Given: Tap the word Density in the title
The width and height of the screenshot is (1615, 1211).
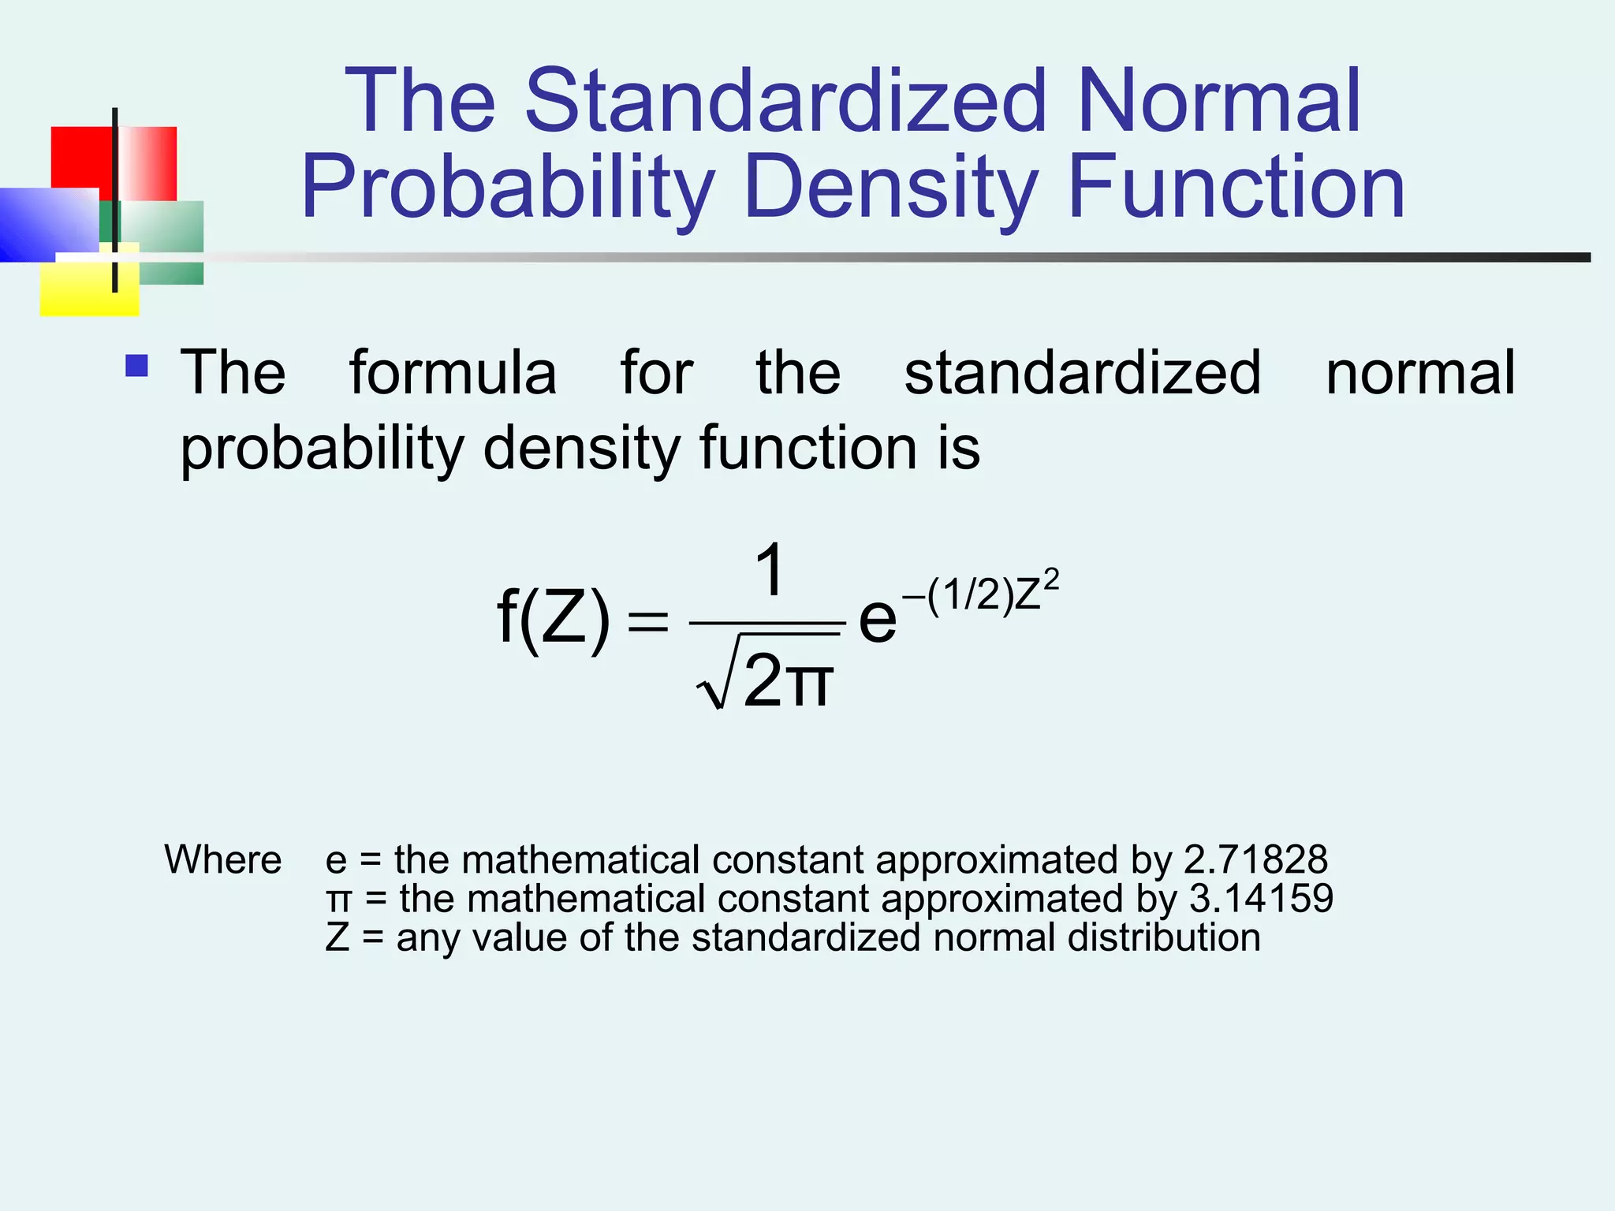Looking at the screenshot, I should pyautogui.click(x=890, y=188).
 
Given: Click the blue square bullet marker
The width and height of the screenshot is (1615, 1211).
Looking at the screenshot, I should pyautogui.click(x=136, y=366).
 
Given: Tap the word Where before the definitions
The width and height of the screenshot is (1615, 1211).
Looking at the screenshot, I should pyautogui.click(x=222, y=859).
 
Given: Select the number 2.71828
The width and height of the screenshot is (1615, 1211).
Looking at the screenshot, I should pyautogui.click(x=1255, y=859).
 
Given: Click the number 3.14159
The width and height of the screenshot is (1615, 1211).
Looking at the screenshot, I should pyautogui.click(x=1261, y=898).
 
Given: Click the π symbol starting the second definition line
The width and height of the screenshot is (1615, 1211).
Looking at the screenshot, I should pyautogui.click(x=338, y=900).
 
